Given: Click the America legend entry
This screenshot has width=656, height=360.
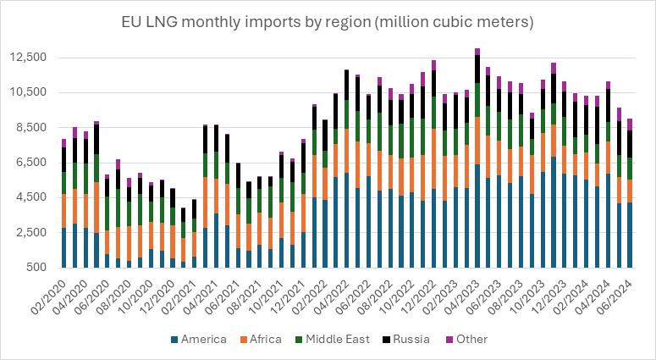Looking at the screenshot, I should click(202, 340).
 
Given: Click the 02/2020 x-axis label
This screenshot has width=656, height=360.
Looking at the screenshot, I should click(48, 291).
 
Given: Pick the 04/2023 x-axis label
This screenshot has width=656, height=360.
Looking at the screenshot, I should click(462, 291).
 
